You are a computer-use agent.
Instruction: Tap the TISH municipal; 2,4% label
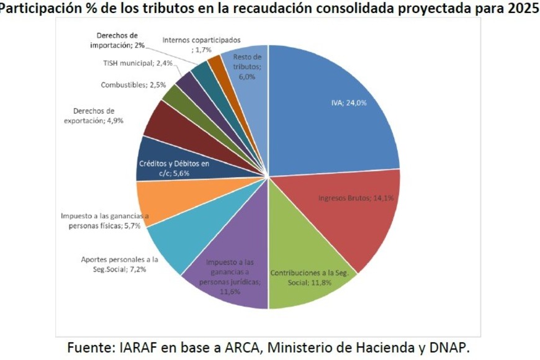coord(128,63)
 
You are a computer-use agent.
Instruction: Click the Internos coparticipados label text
coord(201,40)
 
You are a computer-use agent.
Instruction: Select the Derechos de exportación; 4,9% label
coord(94,116)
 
